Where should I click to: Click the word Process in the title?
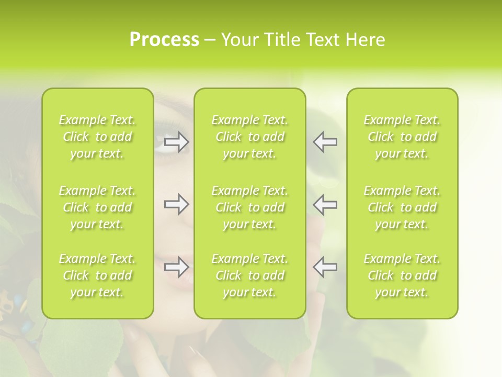164,40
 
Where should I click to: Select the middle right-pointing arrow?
177,204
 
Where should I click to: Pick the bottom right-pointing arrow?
177,267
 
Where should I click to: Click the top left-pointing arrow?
325,142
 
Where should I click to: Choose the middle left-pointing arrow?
325,204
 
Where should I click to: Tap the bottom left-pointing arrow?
325,267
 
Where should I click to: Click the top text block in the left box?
97,137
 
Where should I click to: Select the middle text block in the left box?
97,207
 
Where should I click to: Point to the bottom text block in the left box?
97,275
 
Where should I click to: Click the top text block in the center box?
249,137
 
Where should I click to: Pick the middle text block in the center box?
249,207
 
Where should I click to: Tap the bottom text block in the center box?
249,275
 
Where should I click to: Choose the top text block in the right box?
402,137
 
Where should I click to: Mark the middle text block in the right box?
402,207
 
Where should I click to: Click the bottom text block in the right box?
402,275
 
